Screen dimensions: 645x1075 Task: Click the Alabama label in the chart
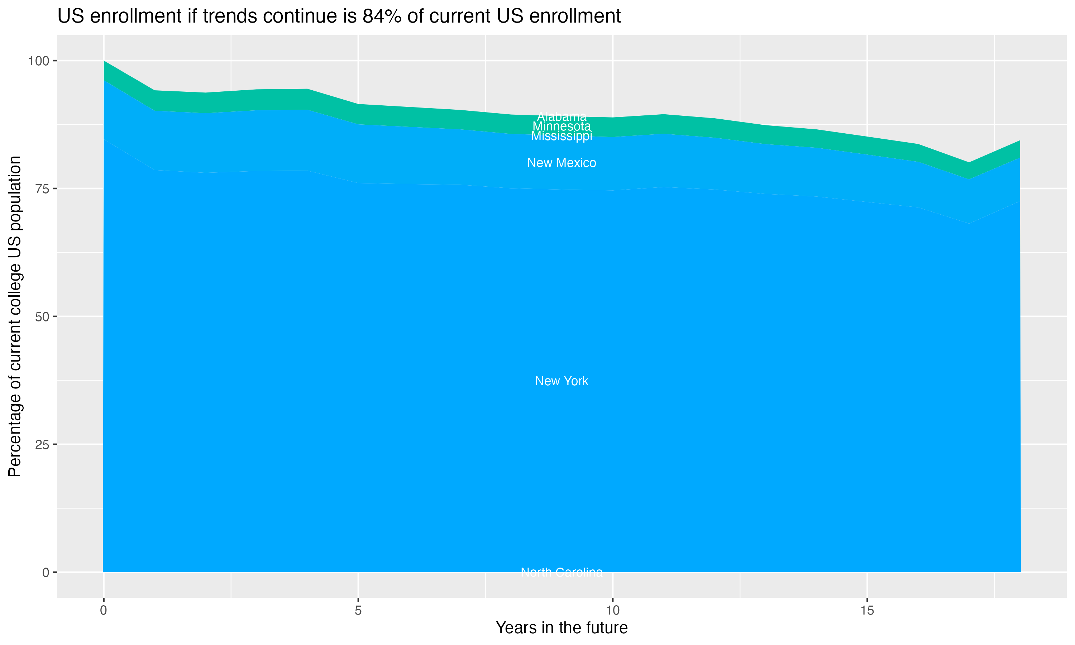[562, 117]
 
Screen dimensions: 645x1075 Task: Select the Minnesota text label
[562, 126]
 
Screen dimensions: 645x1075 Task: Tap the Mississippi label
[562, 137]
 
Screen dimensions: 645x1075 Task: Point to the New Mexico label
[562, 163]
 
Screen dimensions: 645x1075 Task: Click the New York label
[562, 381]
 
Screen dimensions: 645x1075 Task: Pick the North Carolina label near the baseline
[562, 572]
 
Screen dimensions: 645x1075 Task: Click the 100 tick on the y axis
[38, 61]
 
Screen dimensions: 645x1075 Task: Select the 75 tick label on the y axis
[42, 188]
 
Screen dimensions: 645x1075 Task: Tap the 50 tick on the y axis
[42, 317]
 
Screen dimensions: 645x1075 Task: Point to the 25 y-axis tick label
[42, 445]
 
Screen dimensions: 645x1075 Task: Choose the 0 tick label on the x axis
[104, 611]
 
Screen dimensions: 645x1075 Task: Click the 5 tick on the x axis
[358, 611]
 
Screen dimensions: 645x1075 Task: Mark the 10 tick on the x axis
[613, 611]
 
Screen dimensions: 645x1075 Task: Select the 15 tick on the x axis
[867, 611]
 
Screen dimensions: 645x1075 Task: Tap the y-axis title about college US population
[15, 316]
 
